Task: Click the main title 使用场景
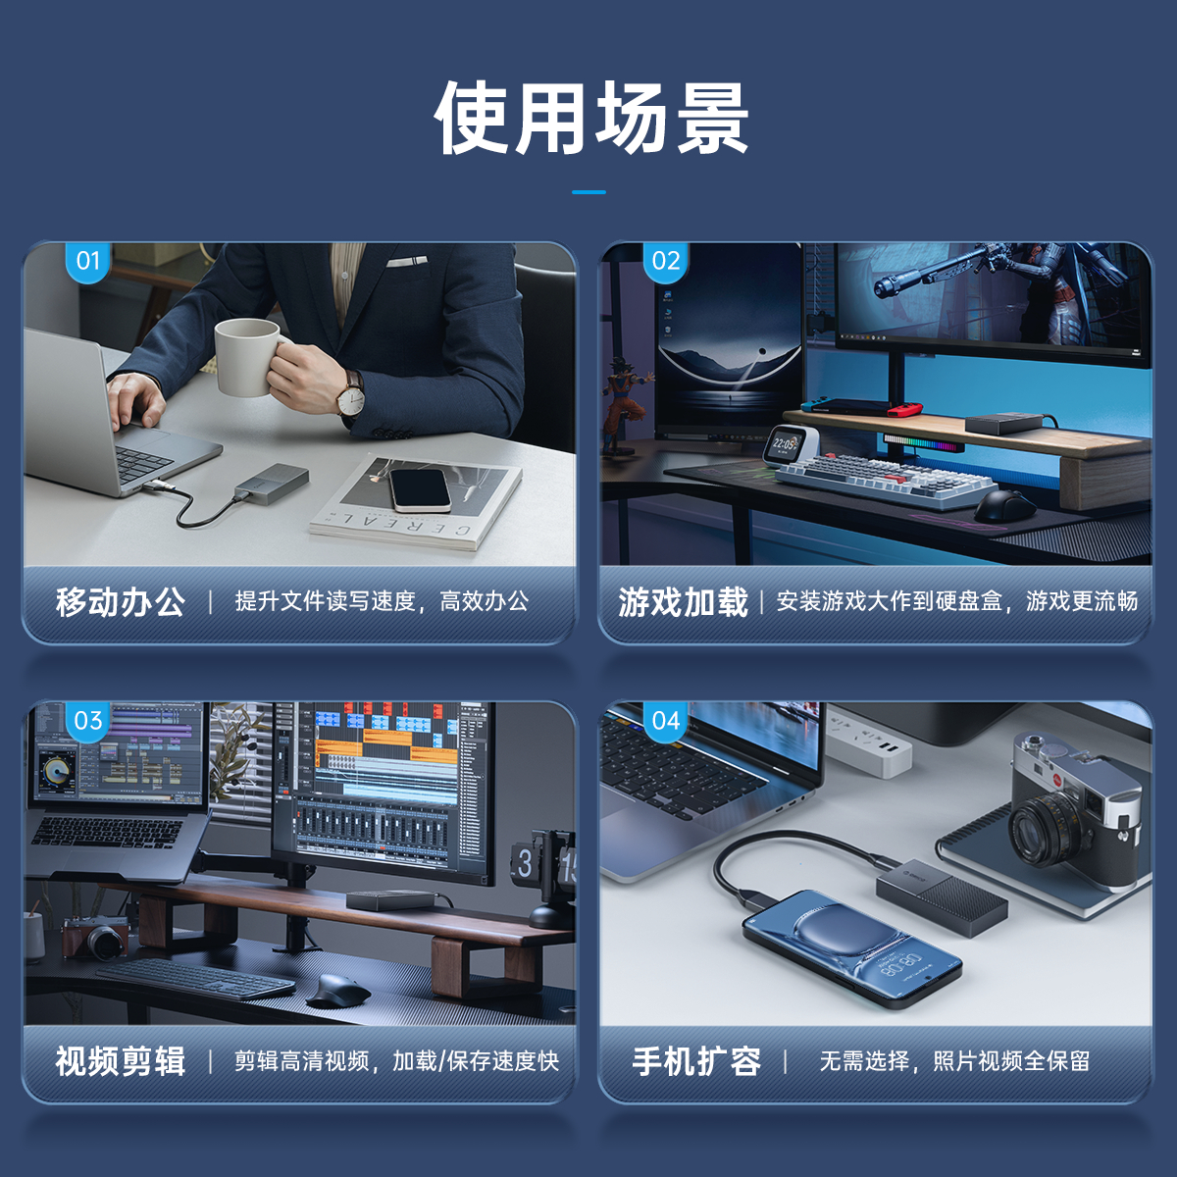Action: click(590, 118)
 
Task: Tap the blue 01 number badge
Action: click(87, 262)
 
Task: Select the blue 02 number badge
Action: click(665, 262)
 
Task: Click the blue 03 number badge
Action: click(87, 721)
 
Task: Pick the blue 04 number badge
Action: click(665, 721)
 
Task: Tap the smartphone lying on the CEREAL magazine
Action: click(420, 489)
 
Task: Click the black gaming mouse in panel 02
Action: click(1003, 506)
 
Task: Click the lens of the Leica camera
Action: click(1045, 828)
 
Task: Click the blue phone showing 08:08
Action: click(852, 949)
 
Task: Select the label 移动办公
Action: click(121, 602)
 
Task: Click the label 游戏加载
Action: click(683, 602)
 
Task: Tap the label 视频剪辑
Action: click(121, 1061)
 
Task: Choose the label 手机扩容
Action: click(696, 1061)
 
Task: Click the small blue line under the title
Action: click(588, 192)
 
